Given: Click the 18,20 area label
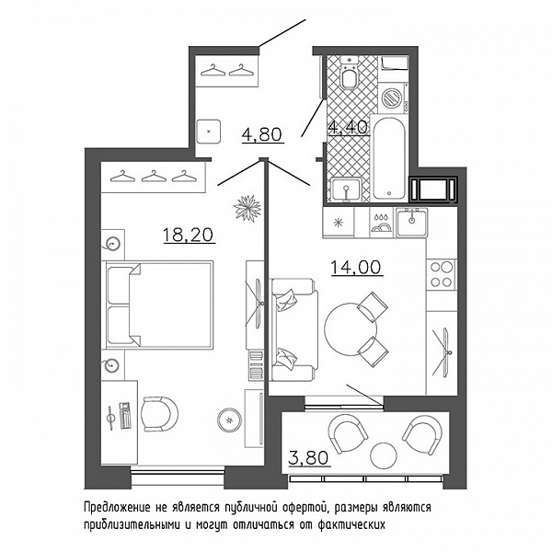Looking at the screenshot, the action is click(189, 235).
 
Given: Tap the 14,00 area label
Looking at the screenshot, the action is click(356, 267).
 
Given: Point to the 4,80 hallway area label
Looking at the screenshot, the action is click(262, 134).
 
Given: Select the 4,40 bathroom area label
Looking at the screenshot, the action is click(348, 127).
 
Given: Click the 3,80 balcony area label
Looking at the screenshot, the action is click(308, 457).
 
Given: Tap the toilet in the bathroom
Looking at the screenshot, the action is click(349, 72).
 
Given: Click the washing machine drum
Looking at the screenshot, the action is click(392, 98).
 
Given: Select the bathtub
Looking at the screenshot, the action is click(389, 158).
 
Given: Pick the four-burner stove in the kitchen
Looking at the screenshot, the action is click(442, 274).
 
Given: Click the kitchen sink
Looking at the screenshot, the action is click(411, 222).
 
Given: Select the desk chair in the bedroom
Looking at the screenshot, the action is click(159, 414).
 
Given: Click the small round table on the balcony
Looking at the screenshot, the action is click(385, 454).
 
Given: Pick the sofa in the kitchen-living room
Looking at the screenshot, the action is click(294, 329).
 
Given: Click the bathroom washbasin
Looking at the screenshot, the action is click(347, 190).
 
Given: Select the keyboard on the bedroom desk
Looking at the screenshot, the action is click(124, 416).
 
